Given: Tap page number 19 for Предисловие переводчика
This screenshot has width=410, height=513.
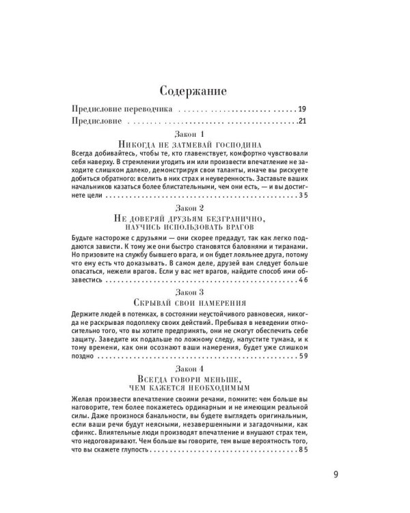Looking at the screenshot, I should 303,109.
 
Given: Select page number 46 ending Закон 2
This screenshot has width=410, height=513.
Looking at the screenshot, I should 303,279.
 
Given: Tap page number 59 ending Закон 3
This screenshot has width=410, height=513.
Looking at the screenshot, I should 303,353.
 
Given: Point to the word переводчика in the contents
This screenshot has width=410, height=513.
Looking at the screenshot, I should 152,109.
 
